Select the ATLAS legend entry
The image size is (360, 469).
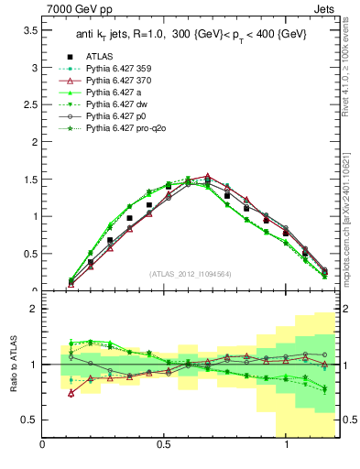point(111,56)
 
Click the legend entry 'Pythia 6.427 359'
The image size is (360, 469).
point(127,68)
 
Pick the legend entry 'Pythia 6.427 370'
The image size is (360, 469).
point(127,80)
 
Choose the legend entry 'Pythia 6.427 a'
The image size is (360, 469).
point(122,92)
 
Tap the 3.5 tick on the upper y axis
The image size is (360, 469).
point(30,30)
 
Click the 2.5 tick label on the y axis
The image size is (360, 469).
point(30,105)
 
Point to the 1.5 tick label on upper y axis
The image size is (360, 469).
point(30,180)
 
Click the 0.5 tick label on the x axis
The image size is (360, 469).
point(165,444)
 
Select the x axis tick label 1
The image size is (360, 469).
point(287,444)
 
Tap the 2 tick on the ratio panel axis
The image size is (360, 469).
point(34,309)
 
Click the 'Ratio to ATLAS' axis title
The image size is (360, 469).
point(12,364)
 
